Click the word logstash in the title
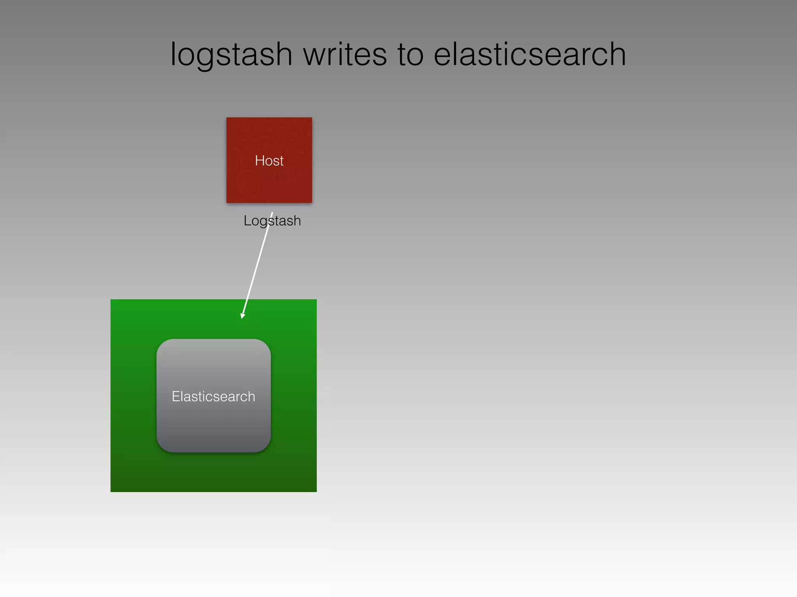pos(231,55)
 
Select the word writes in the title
pos(345,54)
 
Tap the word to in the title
pos(410,55)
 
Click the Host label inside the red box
pos(269,161)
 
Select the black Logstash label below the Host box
pos(272,221)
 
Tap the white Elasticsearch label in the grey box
pos(213,396)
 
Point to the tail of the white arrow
pos(272,213)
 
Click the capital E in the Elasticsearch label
pos(176,396)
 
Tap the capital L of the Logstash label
pos(247,221)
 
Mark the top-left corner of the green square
pos(111,300)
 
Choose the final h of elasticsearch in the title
pos(617,54)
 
